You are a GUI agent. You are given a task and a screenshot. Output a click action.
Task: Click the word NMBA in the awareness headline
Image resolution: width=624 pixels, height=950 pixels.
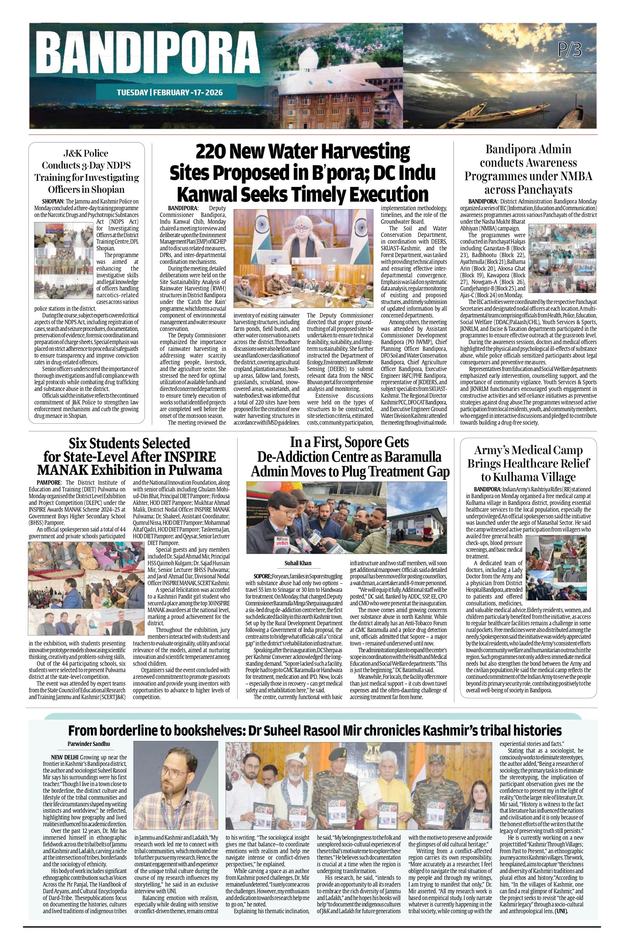click(x=575, y=176)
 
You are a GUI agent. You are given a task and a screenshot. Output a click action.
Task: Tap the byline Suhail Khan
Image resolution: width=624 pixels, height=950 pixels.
click(x=298, y=563)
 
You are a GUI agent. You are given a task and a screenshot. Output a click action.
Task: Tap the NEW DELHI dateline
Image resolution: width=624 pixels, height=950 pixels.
click(x=64, y=758)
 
